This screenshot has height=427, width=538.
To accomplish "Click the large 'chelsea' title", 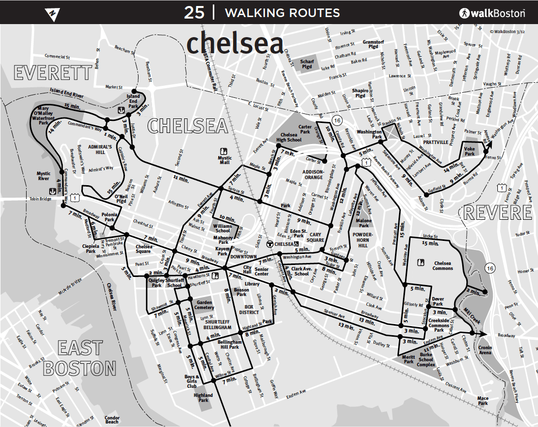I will [x=235, y=44].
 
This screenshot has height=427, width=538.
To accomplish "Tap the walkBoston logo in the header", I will [x=492, y=13].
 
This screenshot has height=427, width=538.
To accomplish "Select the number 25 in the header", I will [x=194, y=13].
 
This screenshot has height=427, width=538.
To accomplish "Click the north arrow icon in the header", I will [x=51, y=13].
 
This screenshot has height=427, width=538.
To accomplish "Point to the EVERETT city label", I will [x=53, y=73].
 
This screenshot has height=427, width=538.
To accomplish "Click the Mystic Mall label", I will [x=224, y=160].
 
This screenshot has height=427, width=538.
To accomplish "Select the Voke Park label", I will [x=469, y=151].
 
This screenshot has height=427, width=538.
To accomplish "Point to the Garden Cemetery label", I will [x=205, y=305].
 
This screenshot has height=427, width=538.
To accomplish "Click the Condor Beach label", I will [x=112, y=419].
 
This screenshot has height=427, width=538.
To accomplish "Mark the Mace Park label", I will [x=483, y=400].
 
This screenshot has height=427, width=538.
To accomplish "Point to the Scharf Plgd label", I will [x=307, y=64].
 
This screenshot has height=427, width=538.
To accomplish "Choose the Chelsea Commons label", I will [x=443, y=265].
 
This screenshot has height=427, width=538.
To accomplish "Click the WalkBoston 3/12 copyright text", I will [x=506, y=31].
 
